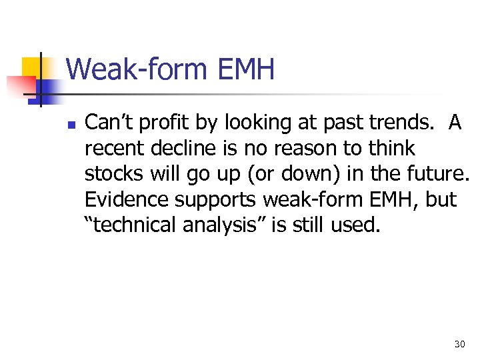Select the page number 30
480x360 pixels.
coord(459,344)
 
